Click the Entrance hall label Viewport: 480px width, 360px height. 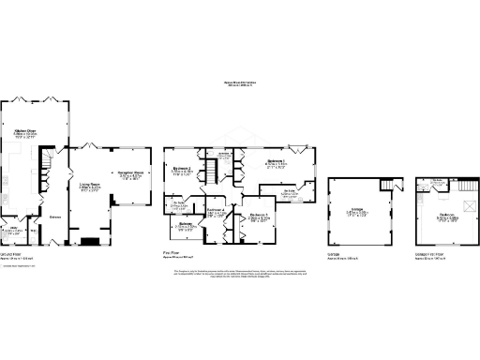(x=55, y=214)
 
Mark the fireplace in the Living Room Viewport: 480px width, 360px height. (x=91, y=241)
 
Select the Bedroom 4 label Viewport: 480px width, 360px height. (x=215, y=212)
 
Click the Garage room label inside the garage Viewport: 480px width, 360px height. (x=357, y=211)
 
